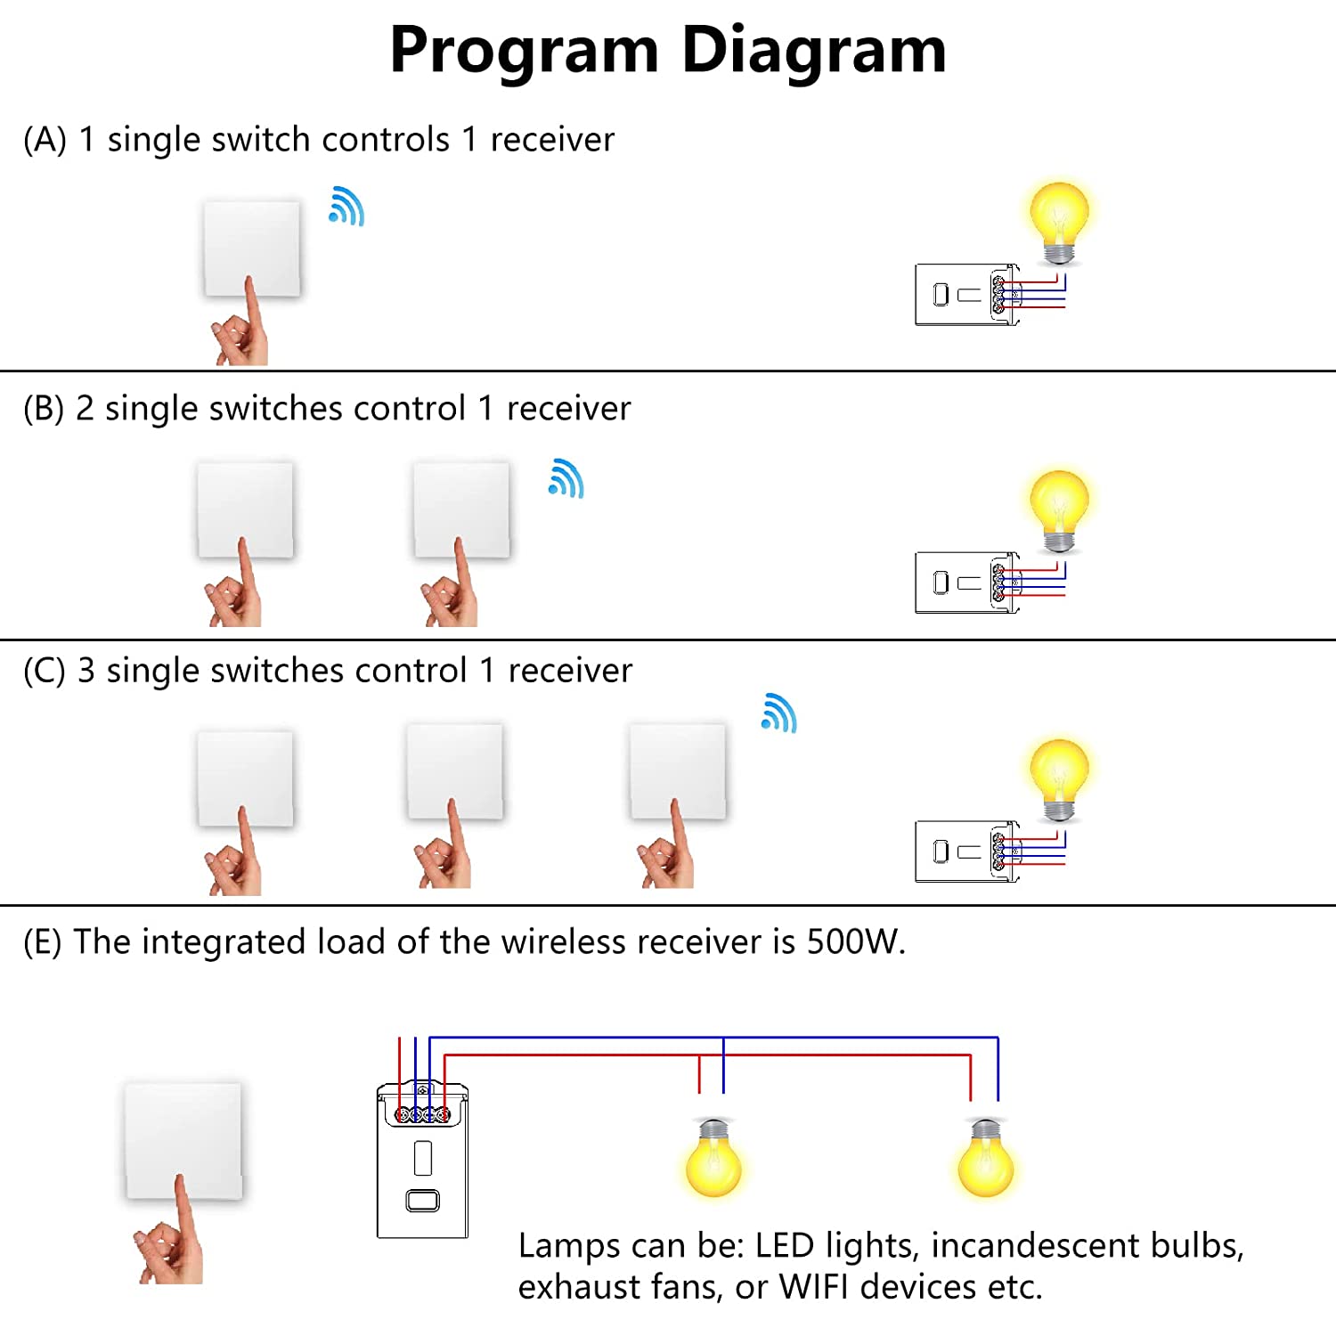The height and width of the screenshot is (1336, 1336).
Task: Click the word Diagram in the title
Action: (x=813, y=50)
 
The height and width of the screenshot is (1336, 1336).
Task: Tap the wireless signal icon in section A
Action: (x=346, y=207)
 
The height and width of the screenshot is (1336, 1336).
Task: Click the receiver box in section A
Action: (x=966, y=294)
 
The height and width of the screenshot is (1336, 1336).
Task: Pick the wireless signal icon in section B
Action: (x=566, y=479)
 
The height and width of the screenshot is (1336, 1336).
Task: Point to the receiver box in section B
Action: (x=966, y=582)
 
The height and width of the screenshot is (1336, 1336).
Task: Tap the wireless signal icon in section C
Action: (x=779, y=713)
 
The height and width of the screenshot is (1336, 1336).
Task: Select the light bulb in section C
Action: (x=1059, y=778)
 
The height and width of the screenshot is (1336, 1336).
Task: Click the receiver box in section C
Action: (x=966, y=851)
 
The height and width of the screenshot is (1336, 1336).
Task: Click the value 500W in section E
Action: (x=855, y=942)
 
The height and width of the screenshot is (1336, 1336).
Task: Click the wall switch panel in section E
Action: (x=183, y=1141)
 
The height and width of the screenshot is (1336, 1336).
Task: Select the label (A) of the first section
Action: (x=45, y=140)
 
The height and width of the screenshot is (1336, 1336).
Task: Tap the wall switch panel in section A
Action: (x=252, y=248)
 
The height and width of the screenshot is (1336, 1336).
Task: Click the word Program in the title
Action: (x=524, y=50)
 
